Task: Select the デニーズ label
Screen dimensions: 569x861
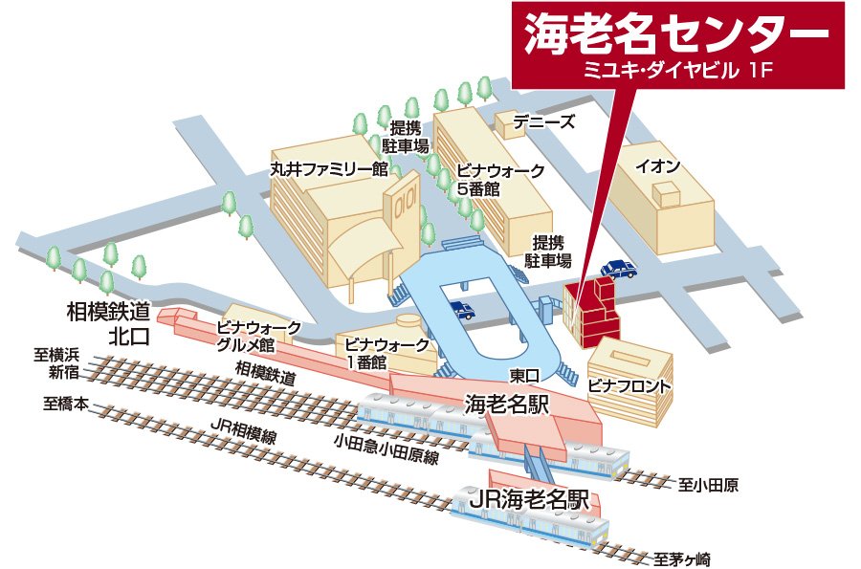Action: click(543, 121)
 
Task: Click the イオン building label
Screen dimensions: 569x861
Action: click(659, 165)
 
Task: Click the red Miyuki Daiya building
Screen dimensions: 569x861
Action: click(591, 312)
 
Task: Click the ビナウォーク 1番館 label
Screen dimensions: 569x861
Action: click(377, 352)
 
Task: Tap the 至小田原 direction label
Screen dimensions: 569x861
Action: click(709, 484)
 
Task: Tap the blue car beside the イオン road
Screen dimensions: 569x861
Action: click(617, 268)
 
